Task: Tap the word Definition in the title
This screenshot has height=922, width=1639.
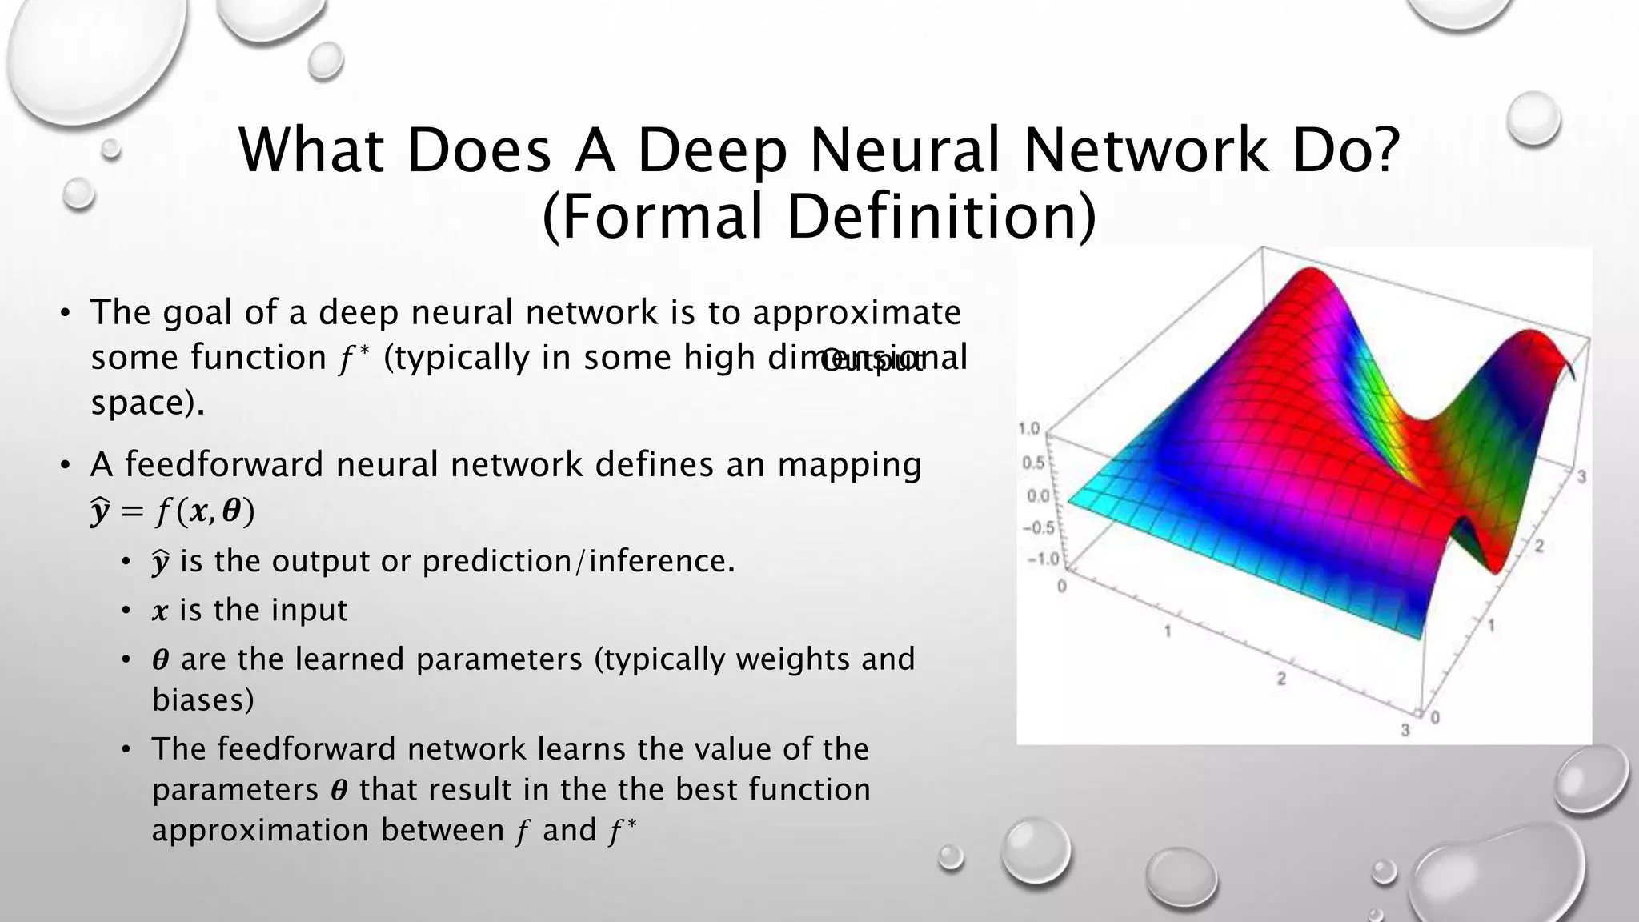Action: tap(941, 218)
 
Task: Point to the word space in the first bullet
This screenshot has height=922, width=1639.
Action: tap(142, 403)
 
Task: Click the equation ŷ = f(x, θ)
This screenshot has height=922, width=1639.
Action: tap(172, 511)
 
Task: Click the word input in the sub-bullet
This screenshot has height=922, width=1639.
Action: tap(308, 611)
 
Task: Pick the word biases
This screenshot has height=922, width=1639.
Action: tap(202, 700)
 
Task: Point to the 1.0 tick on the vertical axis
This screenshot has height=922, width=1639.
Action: tap(1029, 429)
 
